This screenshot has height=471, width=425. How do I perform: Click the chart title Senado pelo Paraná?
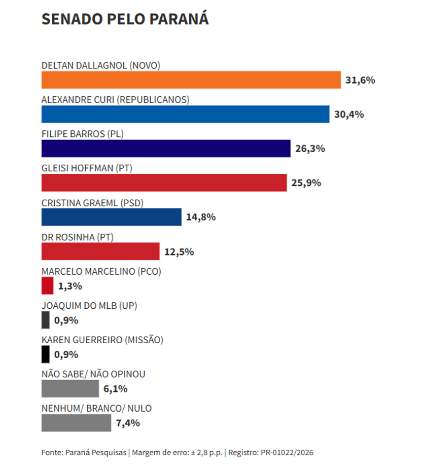125,19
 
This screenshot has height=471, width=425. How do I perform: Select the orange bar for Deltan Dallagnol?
191,80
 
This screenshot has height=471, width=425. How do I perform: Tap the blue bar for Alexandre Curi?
186,114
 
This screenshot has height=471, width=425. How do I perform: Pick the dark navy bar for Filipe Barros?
166,149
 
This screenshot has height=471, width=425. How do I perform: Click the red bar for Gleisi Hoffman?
164,183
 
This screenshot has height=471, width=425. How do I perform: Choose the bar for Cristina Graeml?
112,217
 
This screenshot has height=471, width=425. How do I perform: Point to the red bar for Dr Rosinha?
100,251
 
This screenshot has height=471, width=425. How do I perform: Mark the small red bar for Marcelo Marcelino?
48,285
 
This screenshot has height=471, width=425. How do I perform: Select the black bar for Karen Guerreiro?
45,354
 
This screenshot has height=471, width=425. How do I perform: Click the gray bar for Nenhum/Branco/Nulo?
77,423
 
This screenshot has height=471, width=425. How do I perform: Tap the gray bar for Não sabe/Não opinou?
70,388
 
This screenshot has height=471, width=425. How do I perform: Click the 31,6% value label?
360,80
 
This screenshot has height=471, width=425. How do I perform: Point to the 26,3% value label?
310,149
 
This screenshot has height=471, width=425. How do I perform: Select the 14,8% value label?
201,217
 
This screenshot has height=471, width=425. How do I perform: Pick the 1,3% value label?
70,286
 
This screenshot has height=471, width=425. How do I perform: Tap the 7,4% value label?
128,423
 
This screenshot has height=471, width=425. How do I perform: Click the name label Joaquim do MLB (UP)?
89,306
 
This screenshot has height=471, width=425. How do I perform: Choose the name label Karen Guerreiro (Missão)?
102,340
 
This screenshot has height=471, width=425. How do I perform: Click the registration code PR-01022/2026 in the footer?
287,453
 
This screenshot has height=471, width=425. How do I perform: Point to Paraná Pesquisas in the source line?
96,453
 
